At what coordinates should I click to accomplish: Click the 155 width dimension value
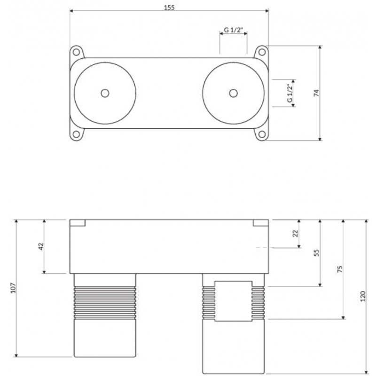(169, 8)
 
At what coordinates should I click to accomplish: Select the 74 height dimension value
(316, 93)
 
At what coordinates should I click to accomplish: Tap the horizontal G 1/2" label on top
(233, 30)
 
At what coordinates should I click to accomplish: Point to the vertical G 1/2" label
(290, 93)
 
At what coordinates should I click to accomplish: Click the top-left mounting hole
(76, 52)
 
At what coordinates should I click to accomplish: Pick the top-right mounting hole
(262, 52)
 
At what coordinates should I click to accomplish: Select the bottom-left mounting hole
(76, 134)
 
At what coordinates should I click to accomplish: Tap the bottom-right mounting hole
(262, 134)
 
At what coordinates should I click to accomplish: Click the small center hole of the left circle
(105, 93)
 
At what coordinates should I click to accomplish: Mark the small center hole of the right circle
(233, 93)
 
